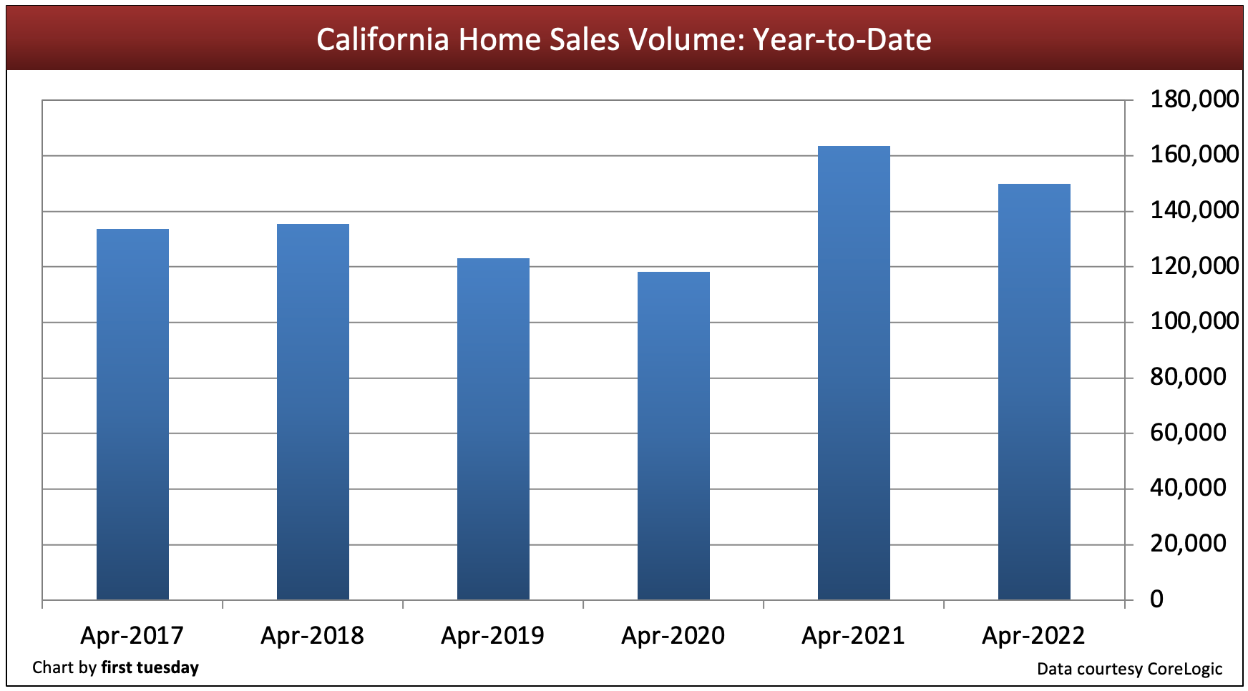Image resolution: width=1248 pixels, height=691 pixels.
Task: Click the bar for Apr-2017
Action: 132,414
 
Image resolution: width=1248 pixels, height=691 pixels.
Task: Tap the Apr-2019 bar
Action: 493,428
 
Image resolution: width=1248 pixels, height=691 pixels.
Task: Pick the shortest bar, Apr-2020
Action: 673,436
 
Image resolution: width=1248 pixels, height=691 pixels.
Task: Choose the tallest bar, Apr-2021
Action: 854,373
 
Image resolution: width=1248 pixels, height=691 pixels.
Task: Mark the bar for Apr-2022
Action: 1034,391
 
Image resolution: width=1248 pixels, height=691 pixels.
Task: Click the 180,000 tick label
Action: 1194,99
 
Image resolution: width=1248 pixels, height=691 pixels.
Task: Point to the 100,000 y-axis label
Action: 1194,320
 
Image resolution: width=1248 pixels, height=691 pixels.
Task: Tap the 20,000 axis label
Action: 1188,543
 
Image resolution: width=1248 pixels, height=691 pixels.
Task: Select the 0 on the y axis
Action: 1157,599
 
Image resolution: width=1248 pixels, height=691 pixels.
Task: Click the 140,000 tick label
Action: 1194,210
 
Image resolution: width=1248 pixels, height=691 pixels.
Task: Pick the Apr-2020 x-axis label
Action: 673,635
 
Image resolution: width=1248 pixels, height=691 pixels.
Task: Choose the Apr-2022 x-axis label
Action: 1033,635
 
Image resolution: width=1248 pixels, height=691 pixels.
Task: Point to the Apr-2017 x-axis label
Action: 132,635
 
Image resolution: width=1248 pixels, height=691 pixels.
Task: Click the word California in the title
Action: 383,39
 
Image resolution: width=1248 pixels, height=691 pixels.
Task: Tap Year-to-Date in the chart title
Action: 842,39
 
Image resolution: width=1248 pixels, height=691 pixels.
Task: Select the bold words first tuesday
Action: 150,667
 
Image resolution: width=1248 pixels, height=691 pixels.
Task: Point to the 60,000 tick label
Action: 1188,432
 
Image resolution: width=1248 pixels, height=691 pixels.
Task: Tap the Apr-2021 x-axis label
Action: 853,635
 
